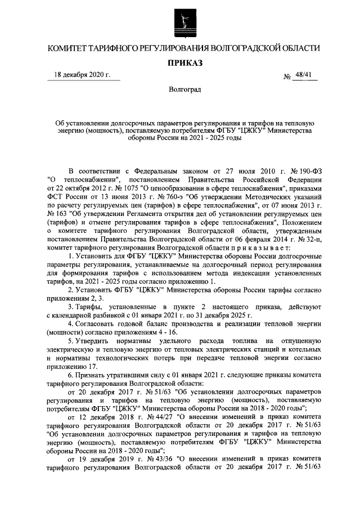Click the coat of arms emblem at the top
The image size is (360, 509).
[x=180, y=22]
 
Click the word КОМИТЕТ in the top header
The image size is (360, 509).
[x=73, y=48]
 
